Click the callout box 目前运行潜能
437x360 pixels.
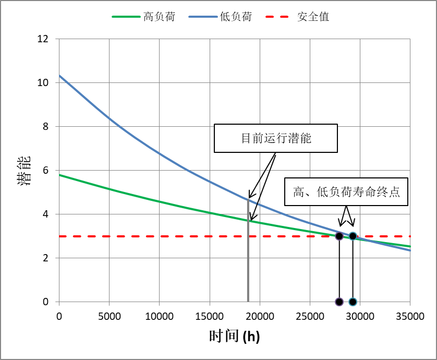[276, 138]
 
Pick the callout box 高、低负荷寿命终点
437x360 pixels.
[346, 192]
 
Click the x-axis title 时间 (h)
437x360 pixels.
[234, 337]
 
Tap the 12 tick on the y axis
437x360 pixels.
[43, 39]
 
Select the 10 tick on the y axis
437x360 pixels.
[43, 83]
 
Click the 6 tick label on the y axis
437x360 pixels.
[46, 171]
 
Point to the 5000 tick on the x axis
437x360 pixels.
[109, 316]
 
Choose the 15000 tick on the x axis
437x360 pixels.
[210, 316]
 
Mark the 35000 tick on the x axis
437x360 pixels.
[410, 316]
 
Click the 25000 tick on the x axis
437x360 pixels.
[310, 316]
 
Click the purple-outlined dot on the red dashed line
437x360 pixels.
[339, 236]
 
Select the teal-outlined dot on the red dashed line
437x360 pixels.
[353, 236]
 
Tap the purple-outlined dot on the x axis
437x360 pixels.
[339, 302]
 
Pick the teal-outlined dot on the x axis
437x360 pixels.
[353, 302]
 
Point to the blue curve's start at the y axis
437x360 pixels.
[59, 76]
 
